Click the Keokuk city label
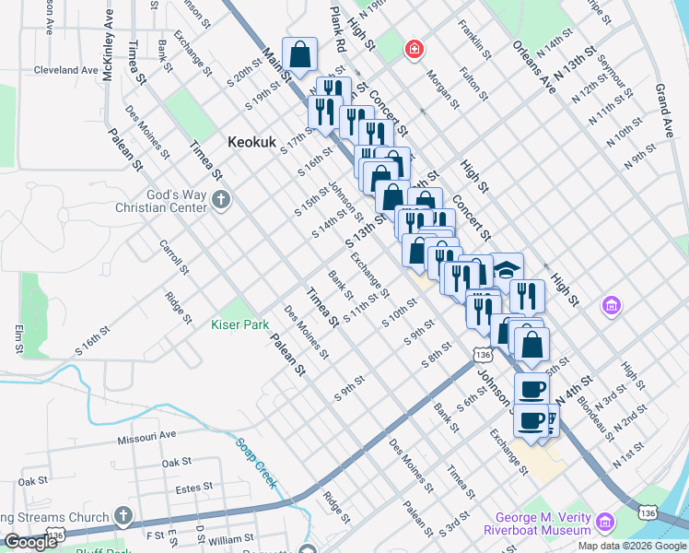point(252,143)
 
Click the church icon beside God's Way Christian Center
point(220,199)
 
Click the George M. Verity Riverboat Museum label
point(536,524)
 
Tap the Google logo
point(30,542)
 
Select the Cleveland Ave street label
point(65,69)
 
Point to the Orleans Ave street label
point(535,66)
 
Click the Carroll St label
point(173,259)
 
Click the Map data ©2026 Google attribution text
point(631,546)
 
